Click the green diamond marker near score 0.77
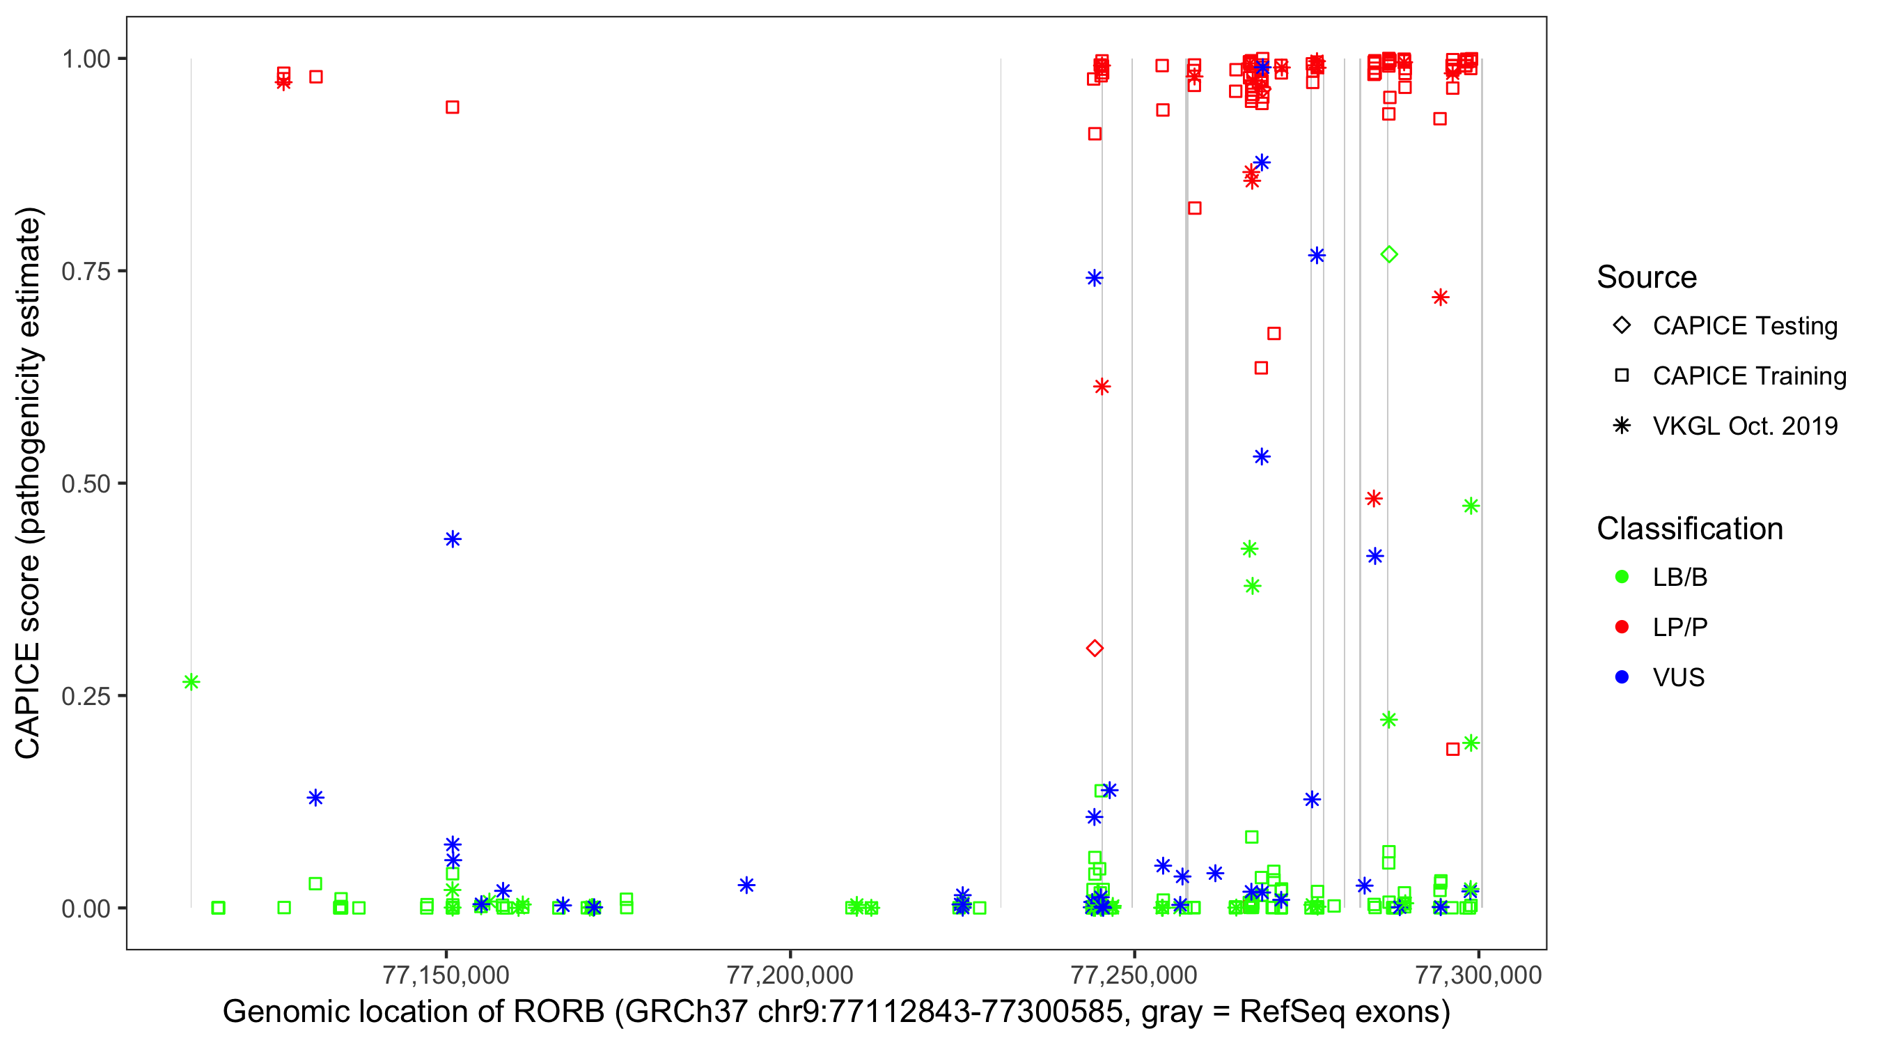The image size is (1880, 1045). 1389,254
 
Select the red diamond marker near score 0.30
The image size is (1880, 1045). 1094,648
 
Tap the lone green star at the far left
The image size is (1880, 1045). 191,682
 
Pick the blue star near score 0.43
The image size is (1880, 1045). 453,540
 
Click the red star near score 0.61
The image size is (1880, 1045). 1102,387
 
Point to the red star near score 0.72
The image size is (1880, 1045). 1440,297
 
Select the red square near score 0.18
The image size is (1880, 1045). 1453,749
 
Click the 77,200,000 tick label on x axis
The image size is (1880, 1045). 790,975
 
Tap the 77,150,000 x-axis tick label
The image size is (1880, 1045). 446,975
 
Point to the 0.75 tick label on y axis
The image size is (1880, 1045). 86,272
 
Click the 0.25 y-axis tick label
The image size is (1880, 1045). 86,696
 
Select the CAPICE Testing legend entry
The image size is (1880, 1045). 1744,326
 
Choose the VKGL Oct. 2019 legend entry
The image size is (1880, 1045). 1744,426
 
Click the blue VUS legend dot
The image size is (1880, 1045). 1622,677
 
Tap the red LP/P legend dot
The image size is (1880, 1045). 1622,627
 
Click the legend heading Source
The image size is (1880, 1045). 1647,277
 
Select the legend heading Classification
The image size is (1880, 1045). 1689,529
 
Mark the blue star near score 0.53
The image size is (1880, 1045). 1261,457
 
